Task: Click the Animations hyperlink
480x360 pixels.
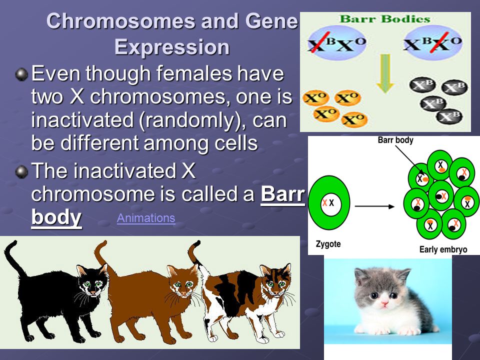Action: pos(146,218)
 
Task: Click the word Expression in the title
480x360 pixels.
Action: pos(171,47)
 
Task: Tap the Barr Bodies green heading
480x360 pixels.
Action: pos(385,19)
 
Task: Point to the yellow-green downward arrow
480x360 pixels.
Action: pos(385,73)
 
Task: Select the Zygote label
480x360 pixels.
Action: pos(328,244)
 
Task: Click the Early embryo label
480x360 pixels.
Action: pos(443,249)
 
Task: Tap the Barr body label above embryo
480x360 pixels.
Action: pos(395,140)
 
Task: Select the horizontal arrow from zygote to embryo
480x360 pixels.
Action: pos(374,206)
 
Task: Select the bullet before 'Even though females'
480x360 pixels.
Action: pos(21,74)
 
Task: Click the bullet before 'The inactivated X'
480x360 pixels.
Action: pos(21,171)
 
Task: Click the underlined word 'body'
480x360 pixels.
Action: pos(56,217)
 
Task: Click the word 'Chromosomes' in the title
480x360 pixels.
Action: pos(120,21)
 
